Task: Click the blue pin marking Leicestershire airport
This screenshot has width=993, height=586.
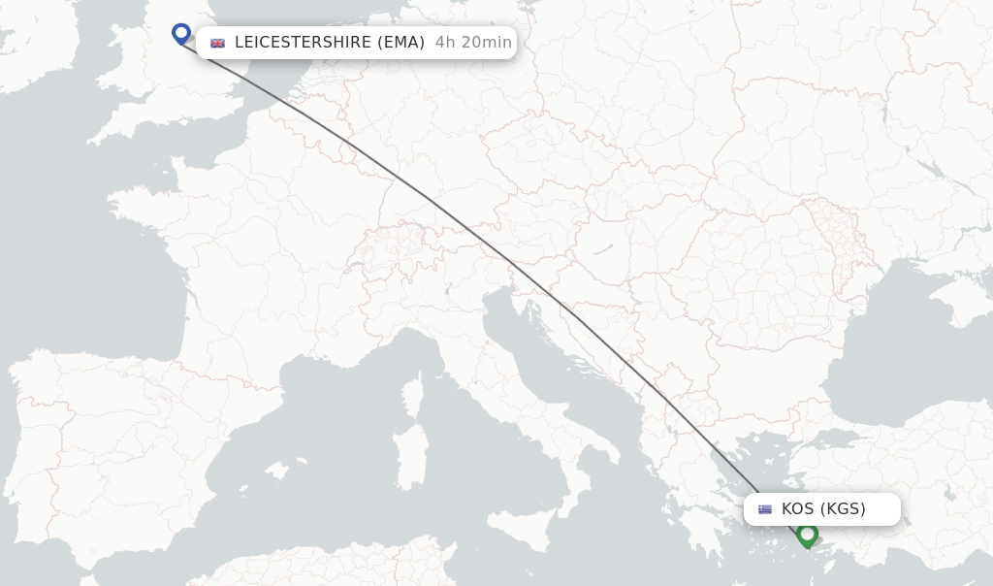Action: click(181, 34)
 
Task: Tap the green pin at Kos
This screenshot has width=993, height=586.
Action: click(807, 535)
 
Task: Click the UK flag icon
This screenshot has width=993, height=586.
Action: click(217, 43)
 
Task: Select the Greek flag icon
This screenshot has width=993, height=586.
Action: click(765, 509)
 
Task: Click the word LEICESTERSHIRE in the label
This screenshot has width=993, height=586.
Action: click(302, 43)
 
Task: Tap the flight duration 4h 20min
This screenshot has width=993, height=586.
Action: click(473, 43)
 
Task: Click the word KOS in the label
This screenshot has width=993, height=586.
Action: click(798, 509)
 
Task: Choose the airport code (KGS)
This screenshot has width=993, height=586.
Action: click(843, 509)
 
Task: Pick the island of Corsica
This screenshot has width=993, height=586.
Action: click(413, 397)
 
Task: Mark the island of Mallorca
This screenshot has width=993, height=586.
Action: click(275, 472)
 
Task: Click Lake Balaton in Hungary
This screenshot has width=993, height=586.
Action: click(603, 250)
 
